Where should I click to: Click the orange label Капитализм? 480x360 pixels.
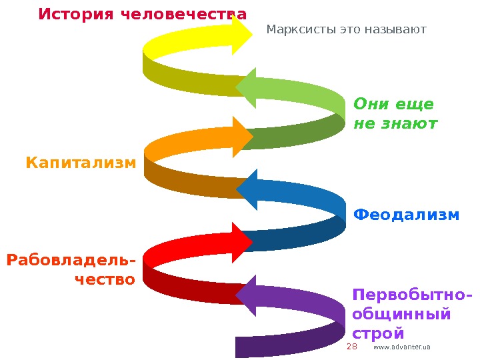81,162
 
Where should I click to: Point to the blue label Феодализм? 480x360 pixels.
406,215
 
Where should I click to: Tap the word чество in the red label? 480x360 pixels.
105,279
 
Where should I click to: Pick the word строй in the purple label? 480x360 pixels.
378,333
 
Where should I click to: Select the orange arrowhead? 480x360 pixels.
241,136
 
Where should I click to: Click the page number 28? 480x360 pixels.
353,347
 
